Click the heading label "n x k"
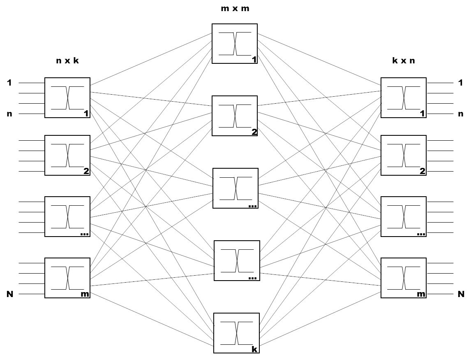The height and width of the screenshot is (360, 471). (67, 61)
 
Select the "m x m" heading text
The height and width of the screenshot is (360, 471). (235, 8)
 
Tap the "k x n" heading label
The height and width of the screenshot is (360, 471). (403, 61)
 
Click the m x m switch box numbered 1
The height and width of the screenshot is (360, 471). (234, 44)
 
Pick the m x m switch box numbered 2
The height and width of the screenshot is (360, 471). (234, 116)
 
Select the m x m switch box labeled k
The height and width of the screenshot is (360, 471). (236, 333)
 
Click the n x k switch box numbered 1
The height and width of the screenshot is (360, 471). (67, 98)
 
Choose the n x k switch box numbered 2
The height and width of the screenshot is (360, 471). (67, 155)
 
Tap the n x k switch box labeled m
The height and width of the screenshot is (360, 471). (67, 278)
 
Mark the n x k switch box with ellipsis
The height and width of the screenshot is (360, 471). (67, 216)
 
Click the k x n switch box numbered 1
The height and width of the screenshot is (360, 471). (403, 98)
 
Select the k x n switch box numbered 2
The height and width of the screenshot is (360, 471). (403, 155)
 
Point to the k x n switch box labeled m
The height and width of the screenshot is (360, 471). (403, 278)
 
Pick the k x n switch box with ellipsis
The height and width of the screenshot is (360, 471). (403, 216)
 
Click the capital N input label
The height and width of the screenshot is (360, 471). (9, 294)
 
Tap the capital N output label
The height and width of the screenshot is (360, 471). (461, 294)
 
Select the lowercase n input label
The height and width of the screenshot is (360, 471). (9, 114)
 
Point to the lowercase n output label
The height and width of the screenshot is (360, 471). (461, 114)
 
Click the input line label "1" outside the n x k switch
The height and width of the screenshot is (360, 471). (9, 83)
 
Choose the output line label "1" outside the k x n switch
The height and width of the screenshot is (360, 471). (461, 83)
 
